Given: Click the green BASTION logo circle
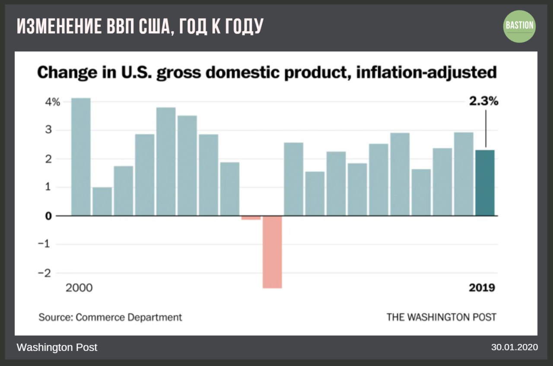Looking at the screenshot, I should (x=520, y=26).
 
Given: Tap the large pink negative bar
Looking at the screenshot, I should (x=272, y=251).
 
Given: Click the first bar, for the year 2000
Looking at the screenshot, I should (x=81, y=156).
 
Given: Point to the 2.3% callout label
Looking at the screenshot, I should (x=484, y=102).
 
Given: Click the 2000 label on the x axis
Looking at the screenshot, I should (x=79, y=288).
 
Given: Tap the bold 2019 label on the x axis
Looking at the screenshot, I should (x=482, y=288).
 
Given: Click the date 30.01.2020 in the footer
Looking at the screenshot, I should (x=514, y=347).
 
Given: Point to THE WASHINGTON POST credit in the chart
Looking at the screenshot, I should (x=441, y=317).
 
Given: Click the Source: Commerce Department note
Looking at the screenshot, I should (x=110, y=317).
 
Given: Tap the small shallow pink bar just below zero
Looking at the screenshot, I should (x=251, y=218).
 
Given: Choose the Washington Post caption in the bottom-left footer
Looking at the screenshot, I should (x=57, y=347).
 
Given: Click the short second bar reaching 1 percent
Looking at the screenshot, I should (x=102, y=201).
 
